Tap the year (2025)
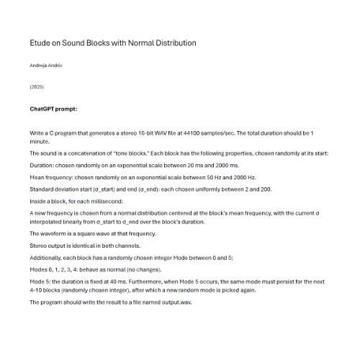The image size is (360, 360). pos(37,86)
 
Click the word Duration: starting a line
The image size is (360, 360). pos(42,165)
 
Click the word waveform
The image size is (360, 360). pos(56,234)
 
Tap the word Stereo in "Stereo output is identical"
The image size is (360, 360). pos(40,246)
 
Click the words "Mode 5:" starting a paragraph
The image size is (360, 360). pos(41,282)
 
